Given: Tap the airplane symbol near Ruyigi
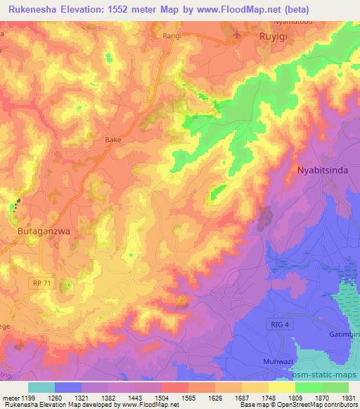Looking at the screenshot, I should point(236,34).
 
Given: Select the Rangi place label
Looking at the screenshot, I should point(172,35).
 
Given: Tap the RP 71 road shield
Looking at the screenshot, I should point(41,281).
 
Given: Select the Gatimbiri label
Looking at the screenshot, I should point(344,335).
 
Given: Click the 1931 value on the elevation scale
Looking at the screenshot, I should point(348,398).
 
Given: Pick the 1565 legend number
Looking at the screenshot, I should point(185,398).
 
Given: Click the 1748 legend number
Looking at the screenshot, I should point(266,398).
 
